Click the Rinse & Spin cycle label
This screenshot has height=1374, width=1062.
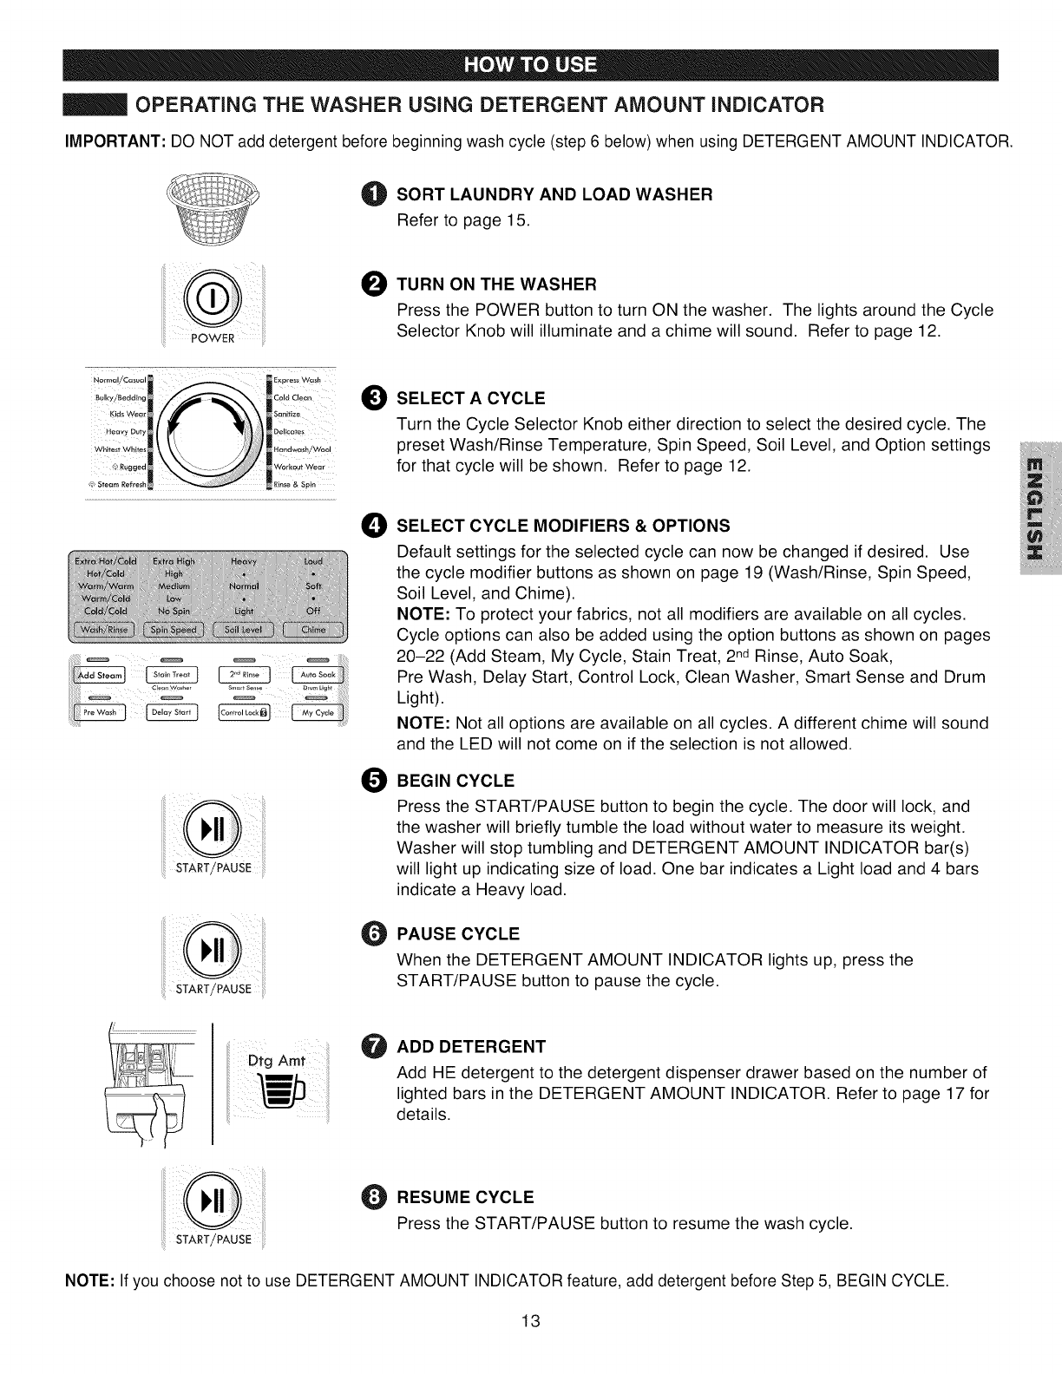(293, 484)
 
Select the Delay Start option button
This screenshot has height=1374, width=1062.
(174, 713)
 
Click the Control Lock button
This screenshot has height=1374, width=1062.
(246, 713)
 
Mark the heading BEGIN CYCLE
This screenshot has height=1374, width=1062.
(455, 781)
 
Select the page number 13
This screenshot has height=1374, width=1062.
(531, 1321)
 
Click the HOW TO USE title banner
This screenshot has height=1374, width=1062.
(531, 65)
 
